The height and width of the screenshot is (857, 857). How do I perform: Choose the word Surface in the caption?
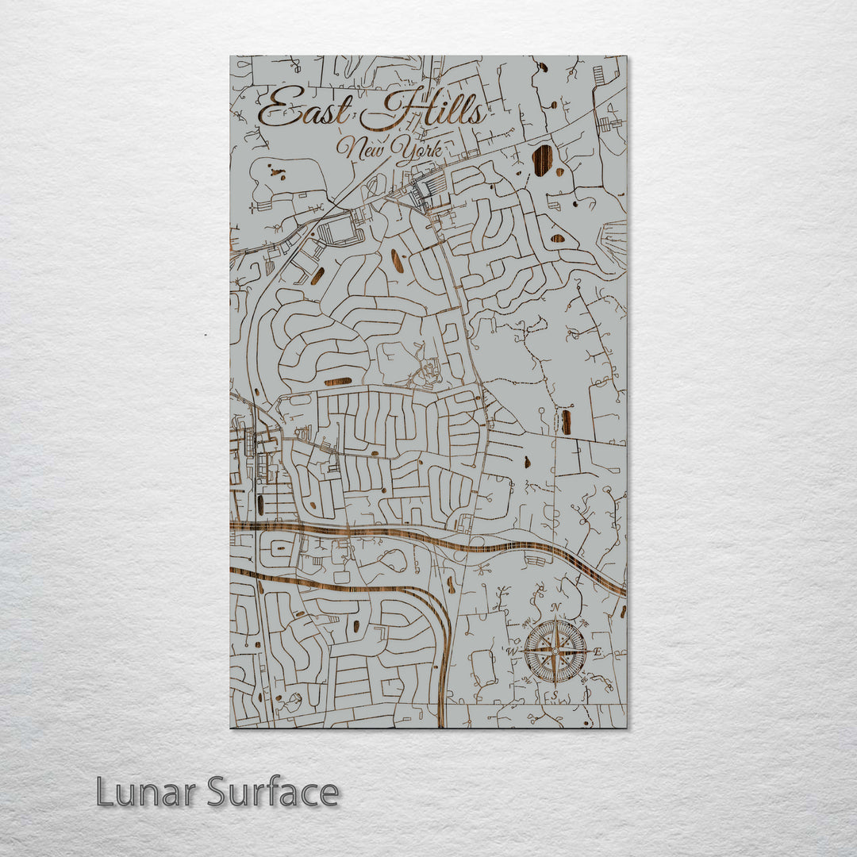274,792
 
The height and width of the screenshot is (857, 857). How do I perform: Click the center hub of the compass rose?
555,651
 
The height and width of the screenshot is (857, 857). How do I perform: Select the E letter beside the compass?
598,652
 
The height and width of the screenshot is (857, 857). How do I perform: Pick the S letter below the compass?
555,695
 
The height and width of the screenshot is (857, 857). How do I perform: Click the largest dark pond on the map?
542,159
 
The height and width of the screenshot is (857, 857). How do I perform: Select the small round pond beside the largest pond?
559,171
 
